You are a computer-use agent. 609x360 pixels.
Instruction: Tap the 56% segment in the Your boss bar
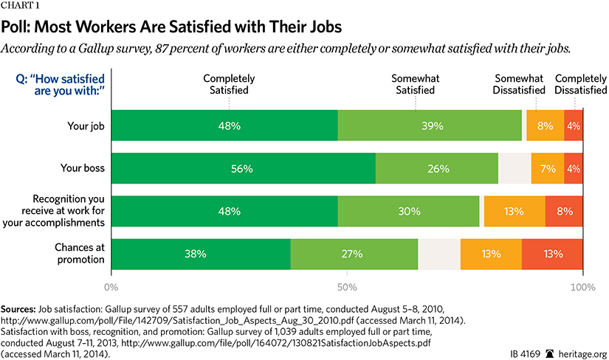[x=244, y=169]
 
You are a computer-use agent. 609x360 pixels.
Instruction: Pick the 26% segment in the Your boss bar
[x=437, y=169]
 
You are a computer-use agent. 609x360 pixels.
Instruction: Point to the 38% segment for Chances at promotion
[x=201, y=255]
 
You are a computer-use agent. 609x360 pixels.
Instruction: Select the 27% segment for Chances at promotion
[x=354, y=255]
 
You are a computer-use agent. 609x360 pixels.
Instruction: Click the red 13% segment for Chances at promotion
[x=552, y=255]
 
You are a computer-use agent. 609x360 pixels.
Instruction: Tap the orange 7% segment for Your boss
[x=547, y=169]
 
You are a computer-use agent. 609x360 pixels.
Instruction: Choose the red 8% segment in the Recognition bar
[x=564, y=211]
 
